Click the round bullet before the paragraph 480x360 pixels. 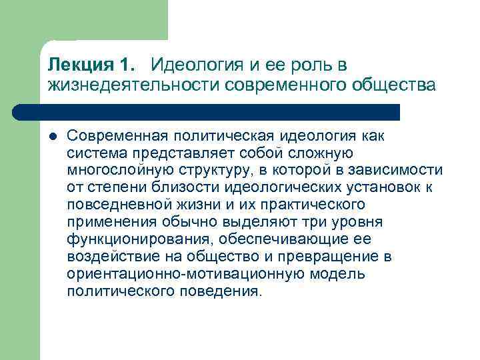pos(53,136)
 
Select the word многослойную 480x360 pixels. pos(118,170)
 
